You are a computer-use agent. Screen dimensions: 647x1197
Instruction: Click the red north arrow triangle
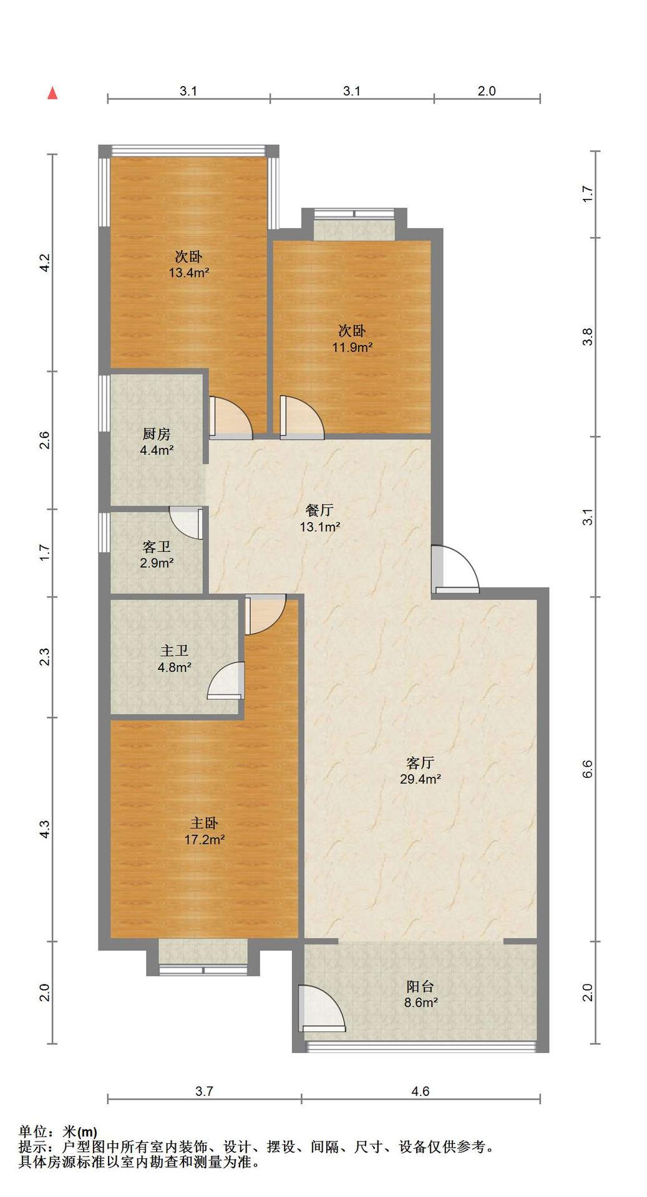(53, 94)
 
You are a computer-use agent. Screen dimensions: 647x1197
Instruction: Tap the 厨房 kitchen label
(156, 434)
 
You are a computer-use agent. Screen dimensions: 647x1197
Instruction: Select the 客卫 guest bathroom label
(156, 547)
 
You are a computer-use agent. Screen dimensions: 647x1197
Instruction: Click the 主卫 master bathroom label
(174, 651)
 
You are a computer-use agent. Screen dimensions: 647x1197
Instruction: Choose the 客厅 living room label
(420, 763)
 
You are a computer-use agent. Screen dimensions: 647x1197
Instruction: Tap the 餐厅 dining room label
(319, 510)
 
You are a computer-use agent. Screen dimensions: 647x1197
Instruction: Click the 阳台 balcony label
(420, 987)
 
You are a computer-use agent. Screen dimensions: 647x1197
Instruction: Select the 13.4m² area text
(188, 273)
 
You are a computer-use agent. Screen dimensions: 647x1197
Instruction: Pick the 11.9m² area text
(352, 347)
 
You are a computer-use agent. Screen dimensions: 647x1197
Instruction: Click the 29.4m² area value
(421, 778)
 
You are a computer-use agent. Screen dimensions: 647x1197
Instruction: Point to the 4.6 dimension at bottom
(421, 1091)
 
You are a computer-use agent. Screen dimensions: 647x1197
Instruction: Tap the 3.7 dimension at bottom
(204, 1091)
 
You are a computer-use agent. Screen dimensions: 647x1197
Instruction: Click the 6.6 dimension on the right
(587, 769)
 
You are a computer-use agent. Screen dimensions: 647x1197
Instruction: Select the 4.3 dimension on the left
(44, 829)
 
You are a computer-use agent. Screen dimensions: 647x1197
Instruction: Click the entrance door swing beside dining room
(455, 568)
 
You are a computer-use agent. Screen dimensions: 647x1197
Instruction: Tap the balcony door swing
(321, 1009)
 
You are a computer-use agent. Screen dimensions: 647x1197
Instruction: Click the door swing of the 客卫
(186, 523)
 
